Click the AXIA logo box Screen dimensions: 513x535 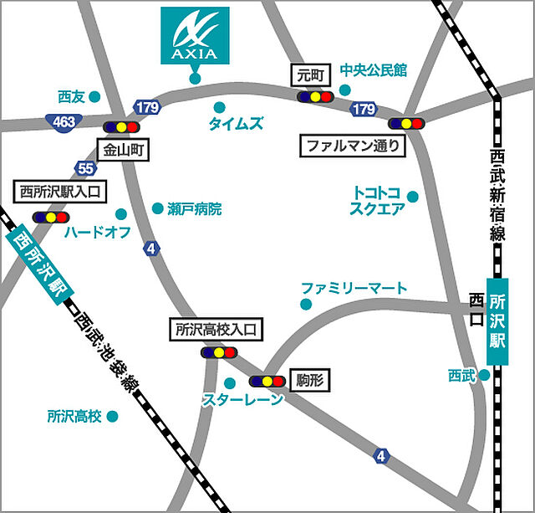195,35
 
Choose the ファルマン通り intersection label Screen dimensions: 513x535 353,146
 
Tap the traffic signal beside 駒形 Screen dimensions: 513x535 267,381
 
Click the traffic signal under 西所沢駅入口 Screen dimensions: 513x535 50,217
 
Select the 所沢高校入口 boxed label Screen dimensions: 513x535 216,330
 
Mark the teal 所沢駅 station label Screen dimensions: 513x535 497,321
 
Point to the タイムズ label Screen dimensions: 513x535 236,125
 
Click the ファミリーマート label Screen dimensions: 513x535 354,289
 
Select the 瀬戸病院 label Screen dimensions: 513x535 194,209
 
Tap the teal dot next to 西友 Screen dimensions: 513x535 94,97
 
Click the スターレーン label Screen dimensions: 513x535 242,400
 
